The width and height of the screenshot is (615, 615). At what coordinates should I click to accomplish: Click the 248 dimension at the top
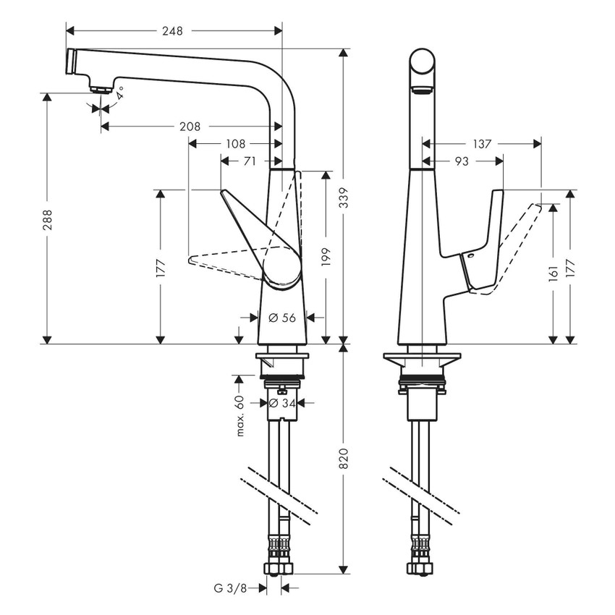(172, 30)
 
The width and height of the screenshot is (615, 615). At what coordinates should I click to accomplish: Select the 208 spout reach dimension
(190, 126)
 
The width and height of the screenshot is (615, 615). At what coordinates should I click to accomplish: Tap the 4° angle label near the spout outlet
(120, 93)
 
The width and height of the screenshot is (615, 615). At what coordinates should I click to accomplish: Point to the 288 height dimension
(46, 224)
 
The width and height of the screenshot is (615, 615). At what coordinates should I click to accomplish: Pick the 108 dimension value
(235, 143)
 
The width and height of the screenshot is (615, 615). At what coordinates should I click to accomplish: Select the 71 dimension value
(249, 161)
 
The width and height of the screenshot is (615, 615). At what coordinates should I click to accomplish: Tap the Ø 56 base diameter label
(283, 317)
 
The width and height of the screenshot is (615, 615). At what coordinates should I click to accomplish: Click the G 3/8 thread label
(235, 588)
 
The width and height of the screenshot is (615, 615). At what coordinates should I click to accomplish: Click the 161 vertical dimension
(553, 273)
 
